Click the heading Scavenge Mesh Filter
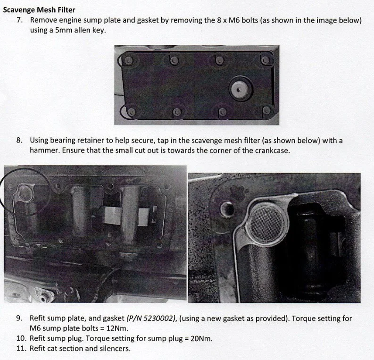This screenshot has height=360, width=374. click(39, 10)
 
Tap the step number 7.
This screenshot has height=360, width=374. click(19, 20)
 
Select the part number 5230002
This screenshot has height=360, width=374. click(158, 318)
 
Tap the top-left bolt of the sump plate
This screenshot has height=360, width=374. click(129, 60)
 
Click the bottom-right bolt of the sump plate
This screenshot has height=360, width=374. click(266, 110)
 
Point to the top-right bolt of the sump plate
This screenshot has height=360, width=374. click(264, 60)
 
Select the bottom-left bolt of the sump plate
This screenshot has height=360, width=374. click(131, 112)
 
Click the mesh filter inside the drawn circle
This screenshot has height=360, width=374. click(25, 193)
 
